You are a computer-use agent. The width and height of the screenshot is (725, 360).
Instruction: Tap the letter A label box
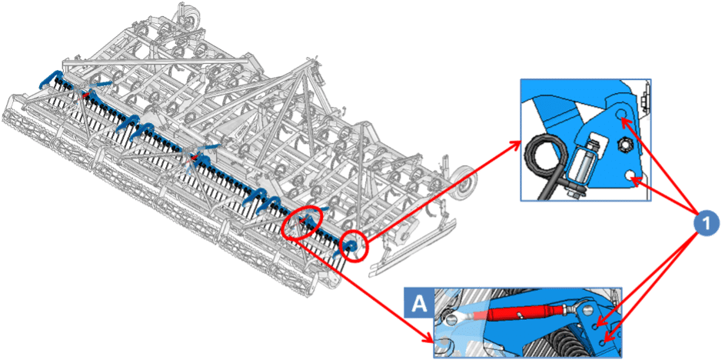point(419,302)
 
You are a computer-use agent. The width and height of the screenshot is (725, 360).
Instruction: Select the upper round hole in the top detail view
point(621,113)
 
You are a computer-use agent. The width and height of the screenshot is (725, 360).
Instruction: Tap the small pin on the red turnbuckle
point(520,315)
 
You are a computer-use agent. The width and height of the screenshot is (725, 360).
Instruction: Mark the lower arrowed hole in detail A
point(601,342)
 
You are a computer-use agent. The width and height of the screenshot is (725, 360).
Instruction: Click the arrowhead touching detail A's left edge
point(431,339)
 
